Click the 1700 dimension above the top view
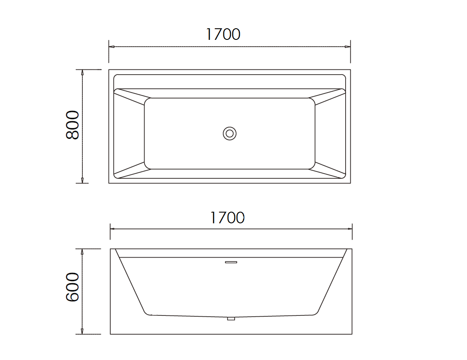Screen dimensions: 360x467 click(x=223, y=34)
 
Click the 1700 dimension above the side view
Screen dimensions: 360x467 click(x=227, y=218)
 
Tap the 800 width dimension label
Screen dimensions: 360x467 click(x=73, y=125)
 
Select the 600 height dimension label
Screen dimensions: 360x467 click(x=73, y=287)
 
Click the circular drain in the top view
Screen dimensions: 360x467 click(x=230, y=133)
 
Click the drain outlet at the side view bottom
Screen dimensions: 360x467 click(x=231, y=318)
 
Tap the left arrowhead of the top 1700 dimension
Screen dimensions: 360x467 click(x=111, y=46)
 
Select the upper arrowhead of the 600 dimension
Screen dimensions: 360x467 click(x=82, y=251)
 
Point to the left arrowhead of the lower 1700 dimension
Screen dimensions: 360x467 click(x=113, y=228)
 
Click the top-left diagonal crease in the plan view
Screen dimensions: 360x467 click(x=131, y=96)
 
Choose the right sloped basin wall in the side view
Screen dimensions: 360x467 click(x=332, y=283)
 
